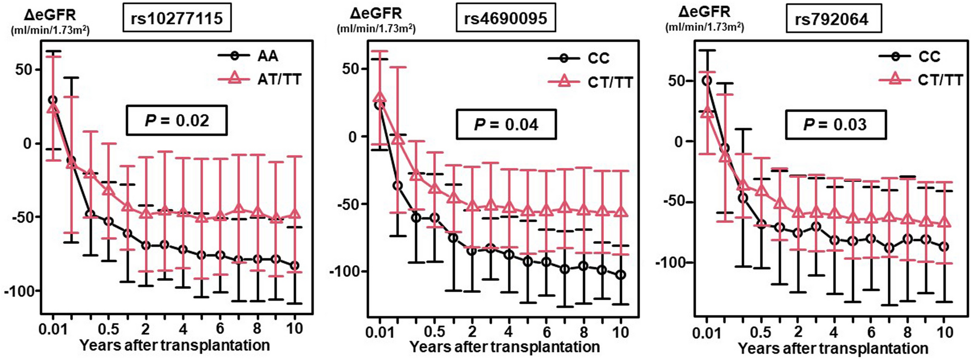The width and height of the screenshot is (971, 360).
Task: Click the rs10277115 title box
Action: pos(177,19)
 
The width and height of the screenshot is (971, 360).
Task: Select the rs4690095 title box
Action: pos(505,19)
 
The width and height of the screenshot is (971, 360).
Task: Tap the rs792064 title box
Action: pos(833,19)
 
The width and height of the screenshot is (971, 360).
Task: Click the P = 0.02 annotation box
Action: pos(177,120)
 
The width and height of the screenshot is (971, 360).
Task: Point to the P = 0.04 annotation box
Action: pos(506,124)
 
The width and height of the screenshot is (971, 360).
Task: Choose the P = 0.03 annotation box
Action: pos(836,124)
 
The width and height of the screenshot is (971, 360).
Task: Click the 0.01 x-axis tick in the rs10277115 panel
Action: pos(53,329)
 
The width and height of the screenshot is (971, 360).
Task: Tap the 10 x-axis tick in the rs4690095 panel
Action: pos(620,332)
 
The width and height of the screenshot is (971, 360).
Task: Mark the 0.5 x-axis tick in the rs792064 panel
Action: pos(760,333)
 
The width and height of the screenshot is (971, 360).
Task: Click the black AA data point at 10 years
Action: pos(294,266)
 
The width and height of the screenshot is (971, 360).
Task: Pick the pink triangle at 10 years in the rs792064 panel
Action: pos(944,222)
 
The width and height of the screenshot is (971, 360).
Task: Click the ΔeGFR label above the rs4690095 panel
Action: pos(376,13)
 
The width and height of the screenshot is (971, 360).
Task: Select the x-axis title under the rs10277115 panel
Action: pos(175,345)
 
